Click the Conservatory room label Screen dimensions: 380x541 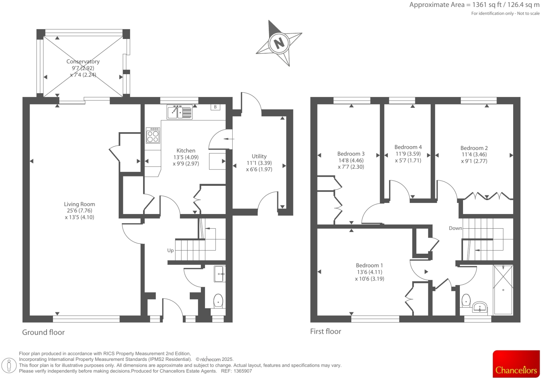coord(83,62)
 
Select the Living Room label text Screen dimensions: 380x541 coord(79,204)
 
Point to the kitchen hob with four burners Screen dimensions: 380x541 coord(153,135)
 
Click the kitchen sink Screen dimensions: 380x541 coord(179,112)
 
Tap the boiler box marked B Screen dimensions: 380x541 coord(215,107)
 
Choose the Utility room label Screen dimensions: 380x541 coord(259,156)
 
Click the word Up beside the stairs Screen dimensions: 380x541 coord(170,250)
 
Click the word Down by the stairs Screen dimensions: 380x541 coord(455,228)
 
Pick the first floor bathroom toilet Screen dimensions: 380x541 coord(465,301)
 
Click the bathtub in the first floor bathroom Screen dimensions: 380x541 coord(503,290)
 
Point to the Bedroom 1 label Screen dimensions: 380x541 coord(369,265)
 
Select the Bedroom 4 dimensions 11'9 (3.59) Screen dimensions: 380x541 coord(408,154)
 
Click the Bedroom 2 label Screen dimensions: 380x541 coord(474,148)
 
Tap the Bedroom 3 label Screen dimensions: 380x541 coord(351,153)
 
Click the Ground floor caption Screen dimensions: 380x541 coord(44,332)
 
